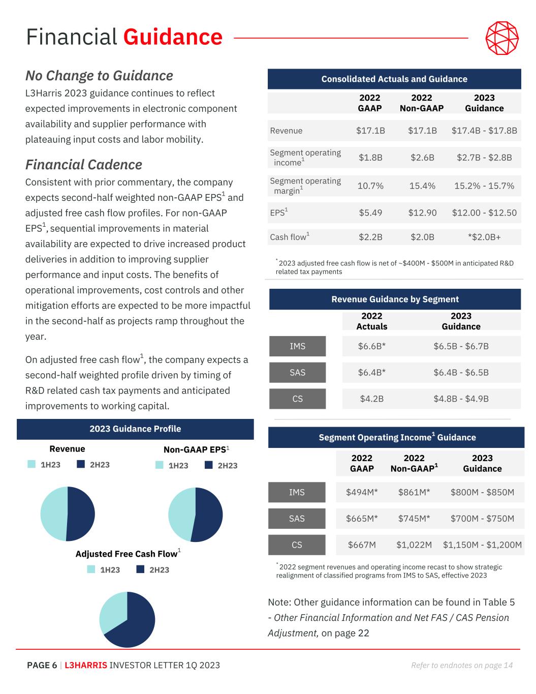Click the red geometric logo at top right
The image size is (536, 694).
coord(502,38)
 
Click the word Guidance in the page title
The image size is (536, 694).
coord(173,37)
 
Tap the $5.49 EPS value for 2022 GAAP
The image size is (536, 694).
coord(370,213)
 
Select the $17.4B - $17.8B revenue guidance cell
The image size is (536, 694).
coord(484,131)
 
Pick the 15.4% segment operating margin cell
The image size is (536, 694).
coord(422,186)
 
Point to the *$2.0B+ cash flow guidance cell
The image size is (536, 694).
coord(484,237)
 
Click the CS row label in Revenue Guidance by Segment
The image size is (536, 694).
coord(297,399)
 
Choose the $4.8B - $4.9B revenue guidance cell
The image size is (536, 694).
coord(461,399)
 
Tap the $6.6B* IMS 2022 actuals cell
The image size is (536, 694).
coord(371,346)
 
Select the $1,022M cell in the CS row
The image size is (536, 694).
coord(414,545)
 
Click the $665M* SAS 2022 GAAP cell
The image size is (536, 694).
coord(362,519)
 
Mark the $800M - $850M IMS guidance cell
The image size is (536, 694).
coord(482,492)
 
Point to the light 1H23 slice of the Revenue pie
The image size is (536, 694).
coord(53,514)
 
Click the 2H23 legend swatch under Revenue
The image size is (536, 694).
coord(81,464)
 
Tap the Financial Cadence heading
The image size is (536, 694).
coord(84,165)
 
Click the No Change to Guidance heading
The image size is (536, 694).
coord(99,76)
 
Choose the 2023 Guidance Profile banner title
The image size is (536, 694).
coord(135,429)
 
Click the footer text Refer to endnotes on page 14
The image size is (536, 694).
coord(462,666)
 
